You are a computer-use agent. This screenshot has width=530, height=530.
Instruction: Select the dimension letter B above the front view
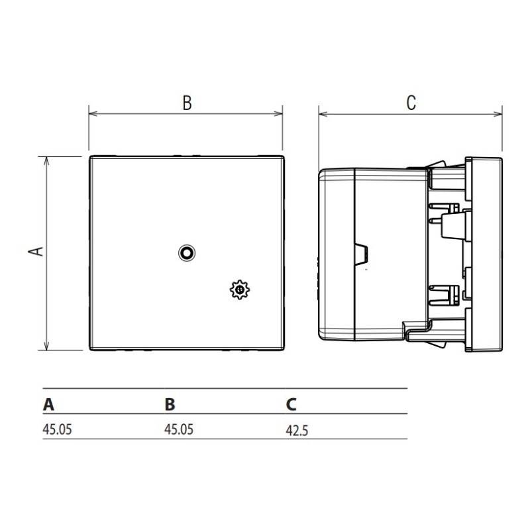click(187, 103)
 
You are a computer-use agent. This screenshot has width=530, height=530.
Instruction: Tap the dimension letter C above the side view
click(411, 103)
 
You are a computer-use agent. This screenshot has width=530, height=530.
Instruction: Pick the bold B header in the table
click(170, 404)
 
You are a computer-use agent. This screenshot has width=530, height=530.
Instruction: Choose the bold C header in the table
click(291, 404)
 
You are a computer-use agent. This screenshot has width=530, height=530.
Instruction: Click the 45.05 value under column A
click(57, 429)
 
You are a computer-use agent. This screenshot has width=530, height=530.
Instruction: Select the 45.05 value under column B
click(179, 429)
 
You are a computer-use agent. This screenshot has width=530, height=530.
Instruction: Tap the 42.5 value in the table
click(297, 429)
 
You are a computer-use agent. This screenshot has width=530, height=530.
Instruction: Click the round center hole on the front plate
click(187, 252)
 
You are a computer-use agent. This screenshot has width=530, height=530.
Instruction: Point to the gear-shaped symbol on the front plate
click(238, 290)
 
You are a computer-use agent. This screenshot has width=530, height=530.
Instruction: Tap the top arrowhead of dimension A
click(46, 161)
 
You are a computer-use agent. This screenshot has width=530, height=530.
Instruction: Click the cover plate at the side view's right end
click(485, 254)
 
